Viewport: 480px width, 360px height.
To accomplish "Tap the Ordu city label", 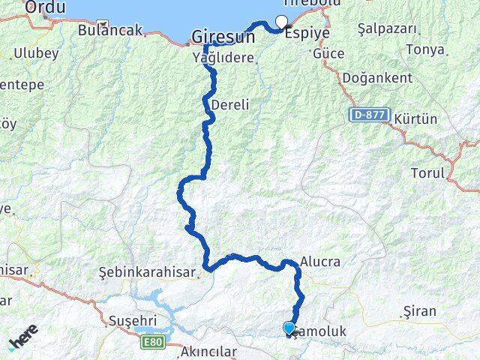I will tap(45, 7).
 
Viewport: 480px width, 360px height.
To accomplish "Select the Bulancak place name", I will tap(109, 31).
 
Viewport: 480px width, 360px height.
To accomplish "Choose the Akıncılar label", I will tap(208, 351).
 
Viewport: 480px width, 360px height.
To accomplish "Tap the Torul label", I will tap(427, 173).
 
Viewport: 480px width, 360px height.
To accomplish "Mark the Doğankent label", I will tap(377, 78).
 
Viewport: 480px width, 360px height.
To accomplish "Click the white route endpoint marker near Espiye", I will tap(282, 22).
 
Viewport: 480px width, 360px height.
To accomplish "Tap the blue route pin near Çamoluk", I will tap(289, 327).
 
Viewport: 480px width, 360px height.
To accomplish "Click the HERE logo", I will tap(23, 338).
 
